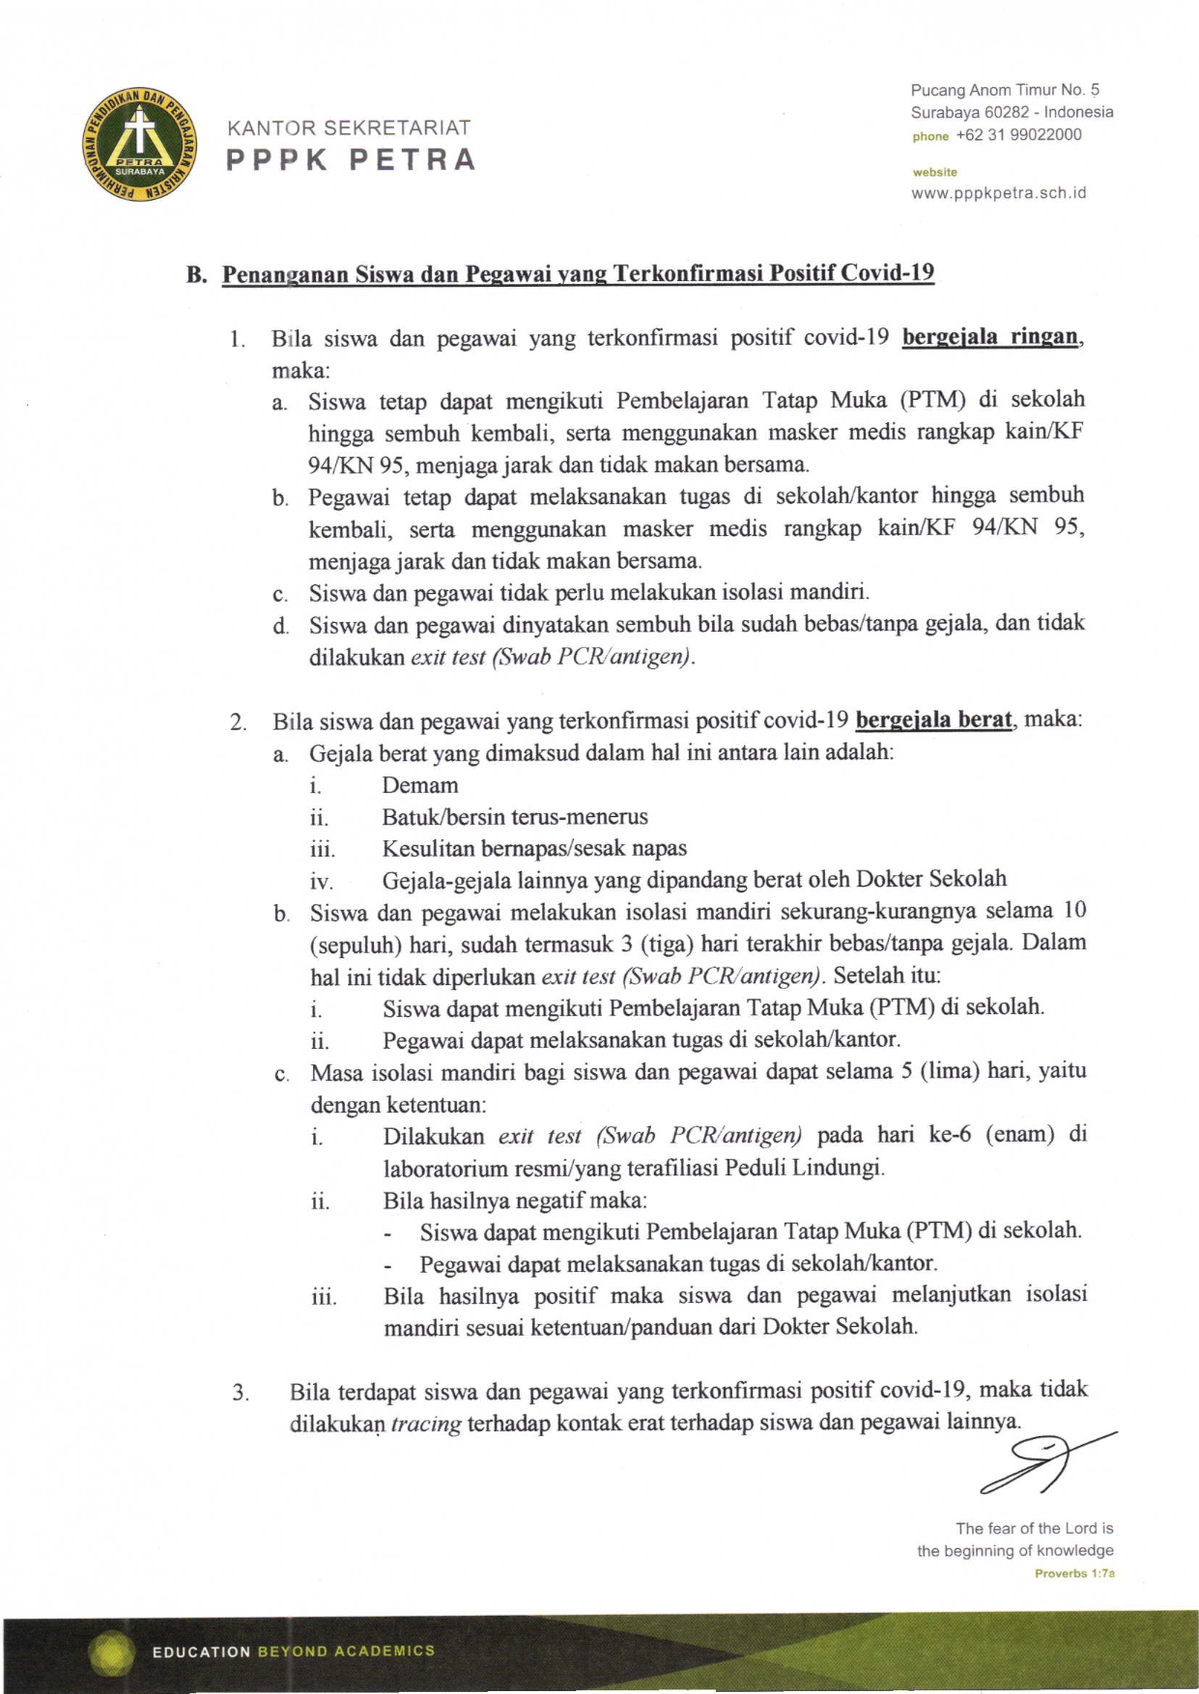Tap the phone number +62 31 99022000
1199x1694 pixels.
pyautogui.click(x=1018, y=135)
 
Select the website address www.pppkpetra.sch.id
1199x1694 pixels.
pyautogui.click(x=998, y=193)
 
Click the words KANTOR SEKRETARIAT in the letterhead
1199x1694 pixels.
pyautogui.click(x=349, y=127)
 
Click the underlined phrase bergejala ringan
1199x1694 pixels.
pyautogui.click(x=989, y=337)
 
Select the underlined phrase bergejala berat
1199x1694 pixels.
pyautogui.click(x=933, y=720)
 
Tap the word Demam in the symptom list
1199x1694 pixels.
pyautogui.click(x=419, y=785)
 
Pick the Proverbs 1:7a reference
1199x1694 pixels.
pyautogui.click(x=1074, y=1573)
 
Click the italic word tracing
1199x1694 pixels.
pyautogui.click(x=425, y=1424)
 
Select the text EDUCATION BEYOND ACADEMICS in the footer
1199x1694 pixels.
pyautogui.click(x=294, y=1652)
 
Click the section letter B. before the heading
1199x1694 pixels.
pyautogui.click(x=197, y=274)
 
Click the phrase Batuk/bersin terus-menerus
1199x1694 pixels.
pyautogui.click(x=515, y=817)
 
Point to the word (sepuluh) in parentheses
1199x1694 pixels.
pyautogui.click(x=355, y=945)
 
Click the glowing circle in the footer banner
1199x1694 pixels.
pyautogui.click(x=112, y=1652)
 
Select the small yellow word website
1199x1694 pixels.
pyautogui.click(x=934, y=172)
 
